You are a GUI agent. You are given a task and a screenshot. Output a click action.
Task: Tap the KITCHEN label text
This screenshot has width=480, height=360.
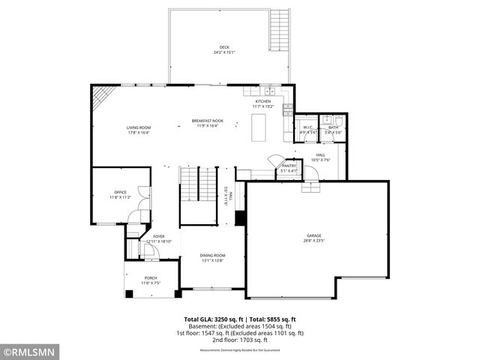262,101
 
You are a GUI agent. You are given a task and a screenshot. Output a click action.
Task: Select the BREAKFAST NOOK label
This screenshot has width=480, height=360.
207,121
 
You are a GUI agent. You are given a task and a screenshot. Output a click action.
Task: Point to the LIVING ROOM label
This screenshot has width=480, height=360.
139,127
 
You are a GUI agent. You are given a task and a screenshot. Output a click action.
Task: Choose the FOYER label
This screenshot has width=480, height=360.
159,236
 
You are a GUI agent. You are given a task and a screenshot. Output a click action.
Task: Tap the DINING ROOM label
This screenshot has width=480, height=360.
212,256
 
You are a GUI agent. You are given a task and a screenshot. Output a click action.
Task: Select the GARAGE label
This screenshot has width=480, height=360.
313,235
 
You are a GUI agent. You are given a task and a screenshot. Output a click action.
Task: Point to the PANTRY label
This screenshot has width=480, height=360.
289,166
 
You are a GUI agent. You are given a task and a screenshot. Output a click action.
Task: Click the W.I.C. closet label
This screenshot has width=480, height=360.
307,127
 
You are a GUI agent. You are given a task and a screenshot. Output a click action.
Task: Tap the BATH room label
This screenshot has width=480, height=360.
333,127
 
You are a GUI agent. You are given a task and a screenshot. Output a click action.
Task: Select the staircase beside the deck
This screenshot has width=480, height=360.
279,30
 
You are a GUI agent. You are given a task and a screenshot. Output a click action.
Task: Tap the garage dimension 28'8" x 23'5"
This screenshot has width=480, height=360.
313,241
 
